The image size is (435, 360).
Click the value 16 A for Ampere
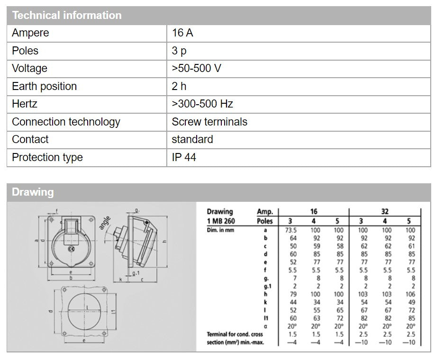point(182,33)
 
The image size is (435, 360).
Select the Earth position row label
point(44,86)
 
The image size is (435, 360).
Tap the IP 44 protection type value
point(184,157)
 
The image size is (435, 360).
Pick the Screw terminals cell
point(209,122)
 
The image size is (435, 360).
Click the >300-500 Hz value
point(202,104)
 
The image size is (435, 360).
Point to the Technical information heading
point(67,15)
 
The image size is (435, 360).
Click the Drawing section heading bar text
point(33,192)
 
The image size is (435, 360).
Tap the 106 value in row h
point(410,295)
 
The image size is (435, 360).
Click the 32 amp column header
point(385,212)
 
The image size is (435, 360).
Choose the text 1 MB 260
point(221,221)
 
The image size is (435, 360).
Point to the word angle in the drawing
point(105,222)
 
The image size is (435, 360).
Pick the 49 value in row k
point(410,303)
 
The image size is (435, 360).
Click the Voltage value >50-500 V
point(196,68)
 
